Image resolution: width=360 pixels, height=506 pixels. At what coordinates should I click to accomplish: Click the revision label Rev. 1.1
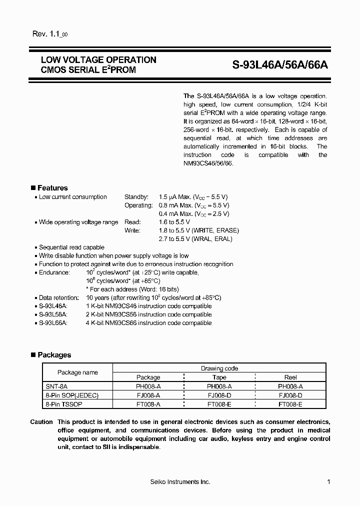tap(46, 34)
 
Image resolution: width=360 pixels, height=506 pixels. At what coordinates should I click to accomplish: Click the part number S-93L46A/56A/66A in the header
tap(280, 65)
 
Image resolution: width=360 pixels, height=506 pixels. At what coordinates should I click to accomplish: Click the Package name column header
tap(77, 372)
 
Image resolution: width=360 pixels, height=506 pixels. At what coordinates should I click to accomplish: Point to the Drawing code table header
tap(219, 368)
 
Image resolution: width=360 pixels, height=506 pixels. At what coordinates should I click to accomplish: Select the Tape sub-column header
tap(219, 377)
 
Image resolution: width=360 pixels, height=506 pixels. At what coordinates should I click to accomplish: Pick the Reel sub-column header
tap(290, 377)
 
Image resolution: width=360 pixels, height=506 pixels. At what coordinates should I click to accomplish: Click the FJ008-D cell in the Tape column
tap(219, 394)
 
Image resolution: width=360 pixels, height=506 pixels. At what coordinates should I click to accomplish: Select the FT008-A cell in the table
tap(148, 403)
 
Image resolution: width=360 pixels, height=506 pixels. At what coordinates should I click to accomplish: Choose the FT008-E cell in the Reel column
tap(290, 403)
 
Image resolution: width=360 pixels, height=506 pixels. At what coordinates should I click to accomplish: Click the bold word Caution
tap(41, 422)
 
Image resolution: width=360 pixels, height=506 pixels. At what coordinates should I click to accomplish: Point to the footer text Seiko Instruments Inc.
tap(180, 481)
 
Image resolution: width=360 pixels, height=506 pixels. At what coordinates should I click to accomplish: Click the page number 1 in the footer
tap(328, 481)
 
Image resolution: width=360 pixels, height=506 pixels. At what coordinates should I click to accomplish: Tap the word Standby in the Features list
tap(136, 197)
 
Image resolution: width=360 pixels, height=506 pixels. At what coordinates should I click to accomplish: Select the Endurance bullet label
tap(54, 272)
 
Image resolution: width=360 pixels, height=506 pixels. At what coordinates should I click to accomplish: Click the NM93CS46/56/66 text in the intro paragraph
tap(208, 163)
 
